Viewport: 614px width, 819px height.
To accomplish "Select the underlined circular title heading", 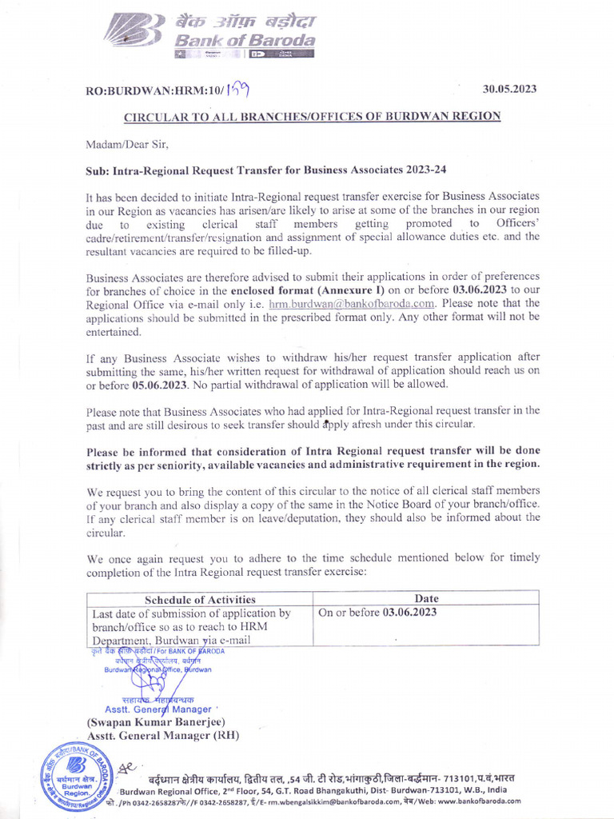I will [312, 117].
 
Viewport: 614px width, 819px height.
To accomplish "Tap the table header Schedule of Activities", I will [200, 599].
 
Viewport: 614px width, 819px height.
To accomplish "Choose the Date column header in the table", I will [426, 599].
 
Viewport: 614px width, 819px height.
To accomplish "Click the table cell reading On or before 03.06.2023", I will [377, 613].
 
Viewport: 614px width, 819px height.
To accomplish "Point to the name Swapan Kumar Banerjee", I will [157, 722].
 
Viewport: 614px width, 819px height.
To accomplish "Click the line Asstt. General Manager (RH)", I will [163, 736].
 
